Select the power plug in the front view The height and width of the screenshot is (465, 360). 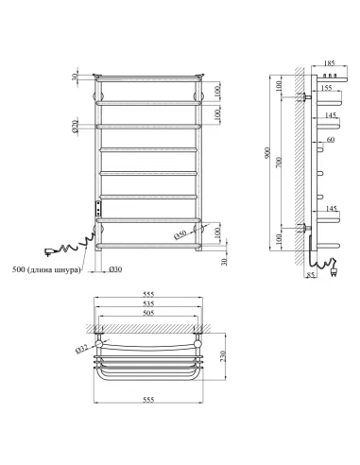(x=47, y=251)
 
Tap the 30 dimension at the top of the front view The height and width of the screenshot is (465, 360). (x=76, y=78)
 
